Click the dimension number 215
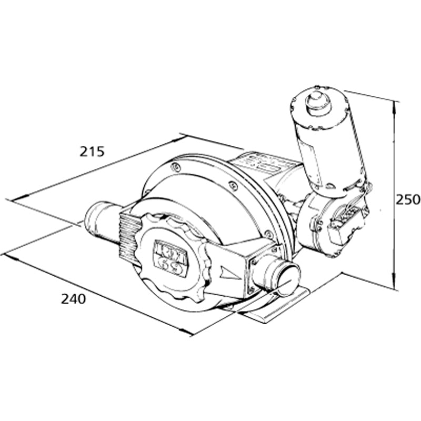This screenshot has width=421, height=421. pyautogui.click(x=92, y=152)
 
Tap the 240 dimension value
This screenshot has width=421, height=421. pyautogui.click(x=73, y=299)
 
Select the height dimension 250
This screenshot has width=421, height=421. pyautogui.click(x=408, y=200)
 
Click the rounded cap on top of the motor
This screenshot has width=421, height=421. pyautogui.click(x=318, y=102)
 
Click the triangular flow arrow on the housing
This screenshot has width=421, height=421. pyautogui.click(x=229, y=273)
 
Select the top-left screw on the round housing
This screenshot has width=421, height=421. pyautogui.click(x=175, y=167)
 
